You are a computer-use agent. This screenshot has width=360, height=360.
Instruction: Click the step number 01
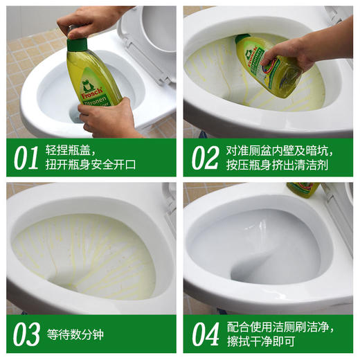[x=26, y=158]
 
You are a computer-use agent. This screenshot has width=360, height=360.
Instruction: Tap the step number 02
[x=204, y=158]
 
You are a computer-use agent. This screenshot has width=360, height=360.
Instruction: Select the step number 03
[x=26, y=334]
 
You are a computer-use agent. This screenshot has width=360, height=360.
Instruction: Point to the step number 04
[x=205, y=334]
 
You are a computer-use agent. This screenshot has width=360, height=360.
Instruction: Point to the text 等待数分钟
[x=75, y=335]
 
